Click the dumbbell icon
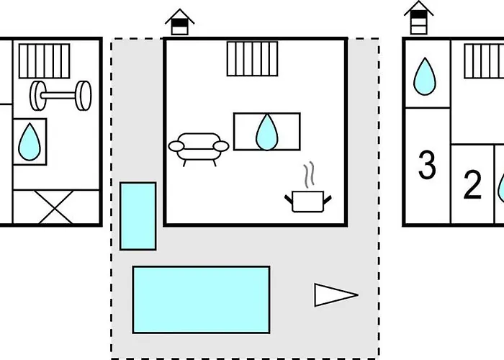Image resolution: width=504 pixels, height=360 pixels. [x=60, y=94]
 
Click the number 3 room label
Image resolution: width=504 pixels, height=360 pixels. [x=427, y=166]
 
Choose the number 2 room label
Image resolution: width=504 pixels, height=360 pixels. [x=472, y=186]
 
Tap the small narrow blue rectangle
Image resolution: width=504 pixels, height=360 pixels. [x=138, y=216]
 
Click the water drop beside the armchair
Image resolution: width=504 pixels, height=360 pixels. [x=267, y=132]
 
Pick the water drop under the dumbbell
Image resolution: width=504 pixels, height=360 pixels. [x=30, y=142]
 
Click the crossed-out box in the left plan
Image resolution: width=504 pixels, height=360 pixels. [x=55, y=207]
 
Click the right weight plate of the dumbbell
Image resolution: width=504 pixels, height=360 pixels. [x=85, y=94]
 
